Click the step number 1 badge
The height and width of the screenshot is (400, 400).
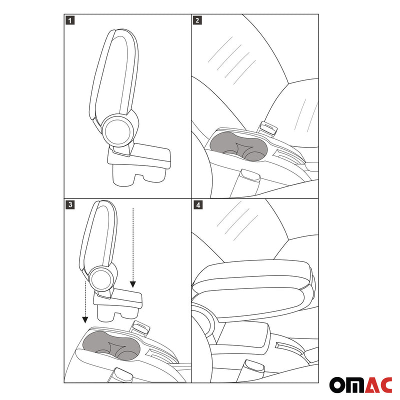70,20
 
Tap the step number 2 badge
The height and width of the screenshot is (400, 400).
197,20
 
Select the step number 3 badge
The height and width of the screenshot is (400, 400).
70,205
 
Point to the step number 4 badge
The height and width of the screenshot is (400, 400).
197,205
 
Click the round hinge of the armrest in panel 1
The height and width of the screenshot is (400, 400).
118,129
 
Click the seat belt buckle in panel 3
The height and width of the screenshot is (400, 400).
140,327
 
